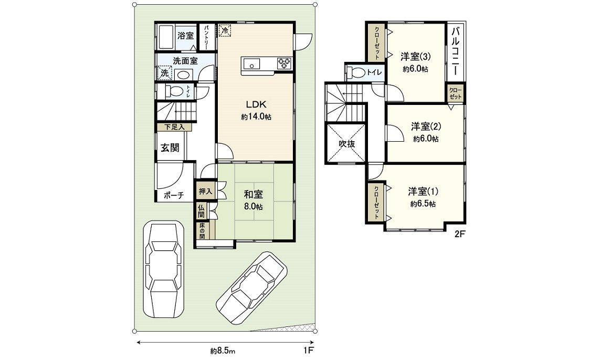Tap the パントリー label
point(207,37)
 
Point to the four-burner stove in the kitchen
point(284,63)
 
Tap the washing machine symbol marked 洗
point(164,73)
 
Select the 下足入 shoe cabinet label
point(174,127)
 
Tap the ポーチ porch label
point(173,196)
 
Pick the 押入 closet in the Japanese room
point(205,191)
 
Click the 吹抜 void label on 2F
point(346,143)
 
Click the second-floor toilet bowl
point(357,72)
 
